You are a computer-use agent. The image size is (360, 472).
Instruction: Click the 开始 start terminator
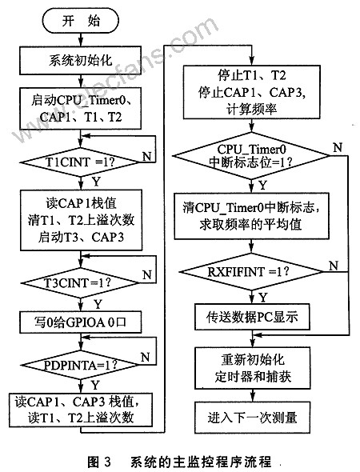pos(80,21)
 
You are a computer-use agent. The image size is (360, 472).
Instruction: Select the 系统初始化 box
pos(80,60)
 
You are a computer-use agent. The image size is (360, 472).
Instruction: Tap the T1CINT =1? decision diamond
pos(80,162)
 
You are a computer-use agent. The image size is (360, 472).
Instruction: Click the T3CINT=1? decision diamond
pos(80,282)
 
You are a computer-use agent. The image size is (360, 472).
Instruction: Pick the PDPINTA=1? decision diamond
pos(80,365)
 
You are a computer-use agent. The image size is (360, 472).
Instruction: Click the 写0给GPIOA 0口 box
pos(80,322)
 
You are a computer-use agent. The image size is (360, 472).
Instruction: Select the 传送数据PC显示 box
pos(252,317)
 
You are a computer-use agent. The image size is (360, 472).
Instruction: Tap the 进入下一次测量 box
pos(252,417)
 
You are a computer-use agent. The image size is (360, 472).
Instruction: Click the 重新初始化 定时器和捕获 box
pos(252,368)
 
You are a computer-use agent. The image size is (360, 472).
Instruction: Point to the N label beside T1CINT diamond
pos(146,156)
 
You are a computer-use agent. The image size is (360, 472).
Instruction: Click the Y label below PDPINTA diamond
pos(95,385)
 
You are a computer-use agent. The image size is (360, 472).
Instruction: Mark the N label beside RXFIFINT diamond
pos(334,266)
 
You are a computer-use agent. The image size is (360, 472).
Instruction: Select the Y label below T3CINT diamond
pos(98,304)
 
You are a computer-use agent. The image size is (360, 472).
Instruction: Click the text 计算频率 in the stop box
pos(251,109)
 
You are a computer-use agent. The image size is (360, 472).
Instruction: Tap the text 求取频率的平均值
pos(250,224)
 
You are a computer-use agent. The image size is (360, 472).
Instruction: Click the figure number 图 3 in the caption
pos(99,461)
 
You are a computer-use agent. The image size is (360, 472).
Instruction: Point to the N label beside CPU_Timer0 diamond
pos(338,147)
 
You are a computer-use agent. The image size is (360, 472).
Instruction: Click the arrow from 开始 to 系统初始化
pos(80,39)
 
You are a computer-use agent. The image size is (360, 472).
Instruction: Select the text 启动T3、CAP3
pos(81,238)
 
